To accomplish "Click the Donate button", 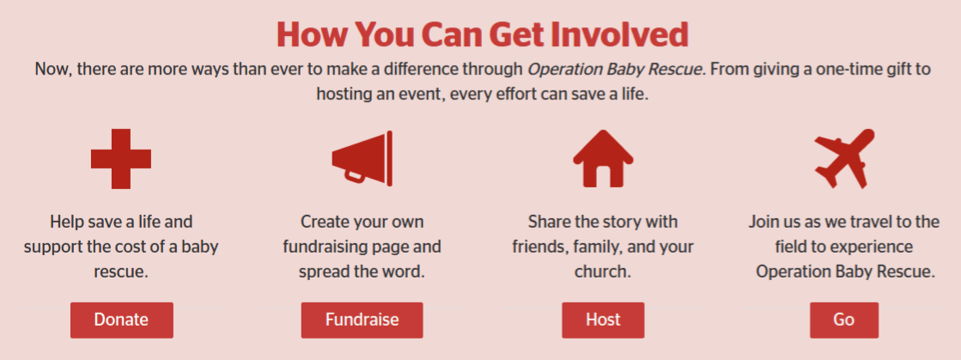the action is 121,320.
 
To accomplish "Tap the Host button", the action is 603,320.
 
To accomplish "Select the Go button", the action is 844,320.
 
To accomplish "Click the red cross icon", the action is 121,159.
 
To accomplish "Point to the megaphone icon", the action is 362,158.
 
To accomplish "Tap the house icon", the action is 603,158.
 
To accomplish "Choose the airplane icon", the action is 844,158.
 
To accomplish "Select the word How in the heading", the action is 312,34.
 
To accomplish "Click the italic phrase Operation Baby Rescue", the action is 616,70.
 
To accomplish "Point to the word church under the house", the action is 602,271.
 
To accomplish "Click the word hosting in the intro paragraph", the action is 342,95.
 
